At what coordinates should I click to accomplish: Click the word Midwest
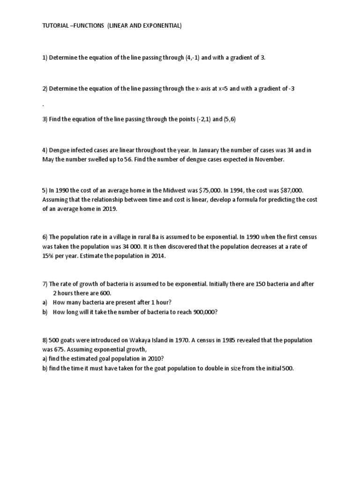click(x=185, y=190)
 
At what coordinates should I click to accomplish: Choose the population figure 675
click(x=61, y=349)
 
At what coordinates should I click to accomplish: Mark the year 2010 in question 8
click(x=152, y=359)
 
